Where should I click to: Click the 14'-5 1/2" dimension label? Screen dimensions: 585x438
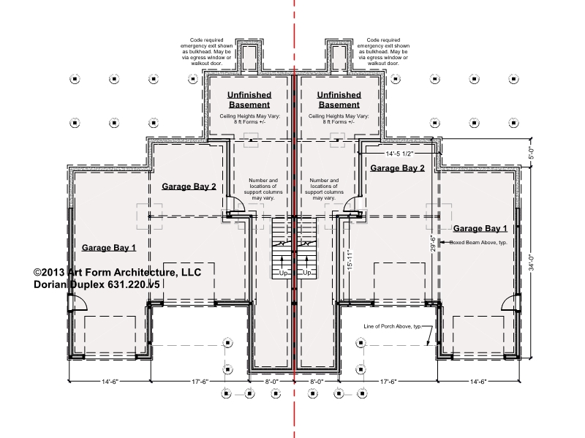pos(399,154)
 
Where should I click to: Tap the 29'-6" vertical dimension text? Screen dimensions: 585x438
pos(433,243)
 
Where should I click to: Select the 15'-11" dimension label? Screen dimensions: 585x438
pos(350,260)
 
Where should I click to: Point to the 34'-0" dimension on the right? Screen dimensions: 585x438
pos(532,263)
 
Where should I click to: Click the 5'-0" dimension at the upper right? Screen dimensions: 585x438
pos(532,153)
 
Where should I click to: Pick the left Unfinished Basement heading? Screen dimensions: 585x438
pos(249,99)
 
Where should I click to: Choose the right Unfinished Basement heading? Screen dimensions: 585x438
pos(339,99)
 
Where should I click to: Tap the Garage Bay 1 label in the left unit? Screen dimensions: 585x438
pos(109,248)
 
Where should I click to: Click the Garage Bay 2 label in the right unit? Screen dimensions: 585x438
pos(397,168)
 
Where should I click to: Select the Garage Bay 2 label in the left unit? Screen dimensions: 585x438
pos(189,186)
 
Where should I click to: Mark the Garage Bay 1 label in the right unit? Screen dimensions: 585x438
pos(480,228)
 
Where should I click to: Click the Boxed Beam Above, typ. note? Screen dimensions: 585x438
pos(478,243)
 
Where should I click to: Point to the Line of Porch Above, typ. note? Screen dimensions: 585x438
pos(393,326)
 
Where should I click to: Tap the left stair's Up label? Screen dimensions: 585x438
pos(283,273)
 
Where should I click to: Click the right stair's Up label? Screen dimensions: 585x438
pos(306,273)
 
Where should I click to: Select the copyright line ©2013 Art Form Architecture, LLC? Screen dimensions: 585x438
pos(117,272)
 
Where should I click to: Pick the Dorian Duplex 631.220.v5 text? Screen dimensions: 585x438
pos(97,284)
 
